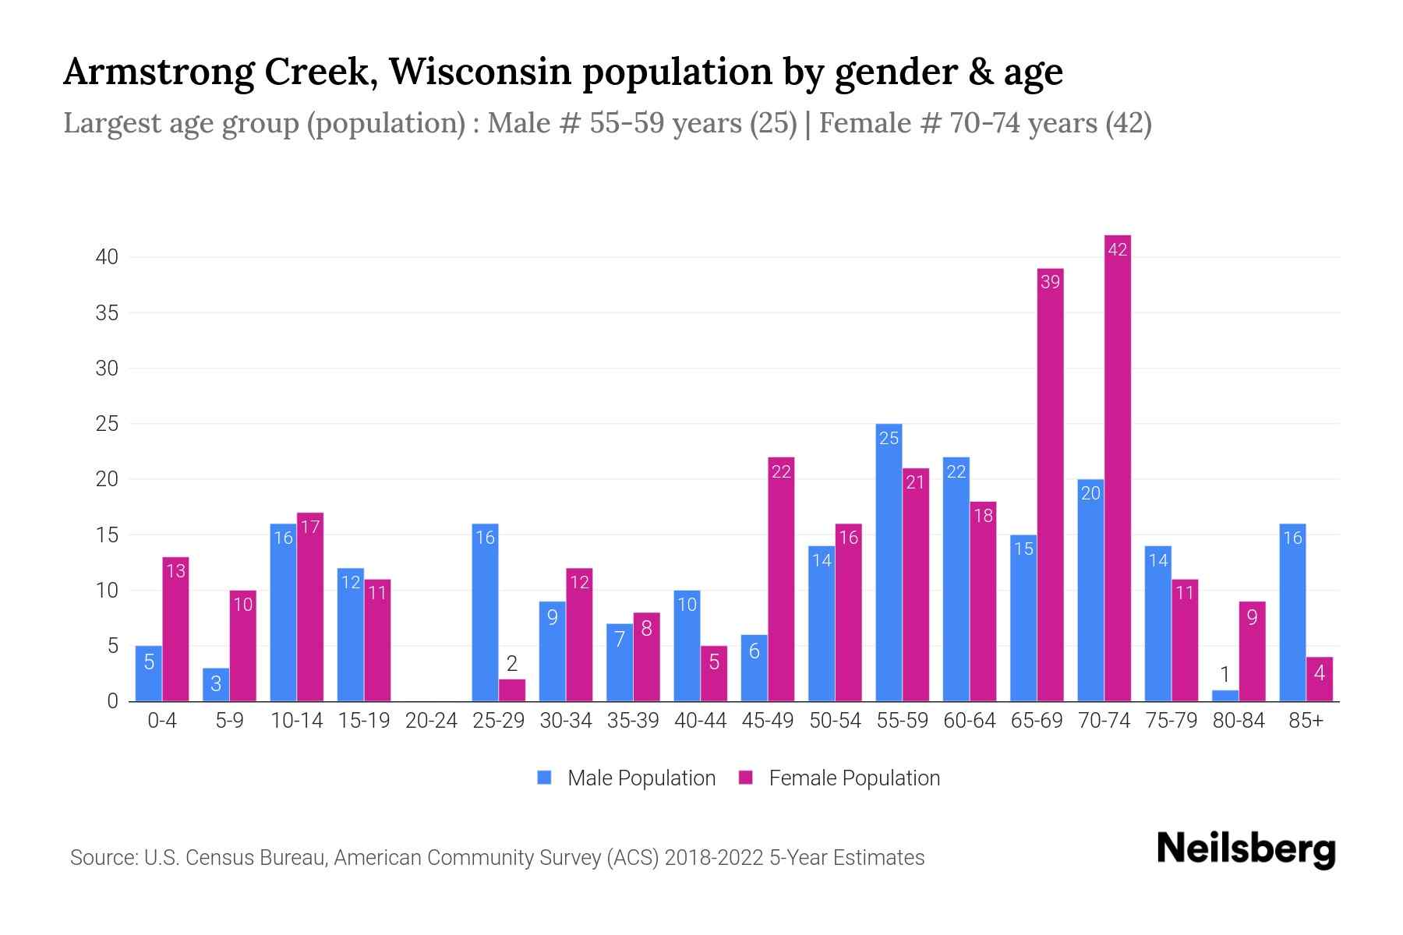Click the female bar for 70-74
(x=1118, y=467)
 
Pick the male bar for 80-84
(x=1225, y=696)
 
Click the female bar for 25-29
(x=512, y=690)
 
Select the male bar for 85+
(x=1292, y=612)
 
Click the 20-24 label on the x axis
(x=431, y=721)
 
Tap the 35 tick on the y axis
(x=107, y=313)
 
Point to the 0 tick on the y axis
(x=113, y=701)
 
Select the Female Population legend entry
(x=839, y=778)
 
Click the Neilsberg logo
(x=1246, y=849)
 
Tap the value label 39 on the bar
(x=1050, y=282)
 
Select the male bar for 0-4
(x=149, y=673)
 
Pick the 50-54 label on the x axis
(x=835, y=721)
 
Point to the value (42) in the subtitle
(x=1128, y=123)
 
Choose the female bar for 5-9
(x=243, y=646)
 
